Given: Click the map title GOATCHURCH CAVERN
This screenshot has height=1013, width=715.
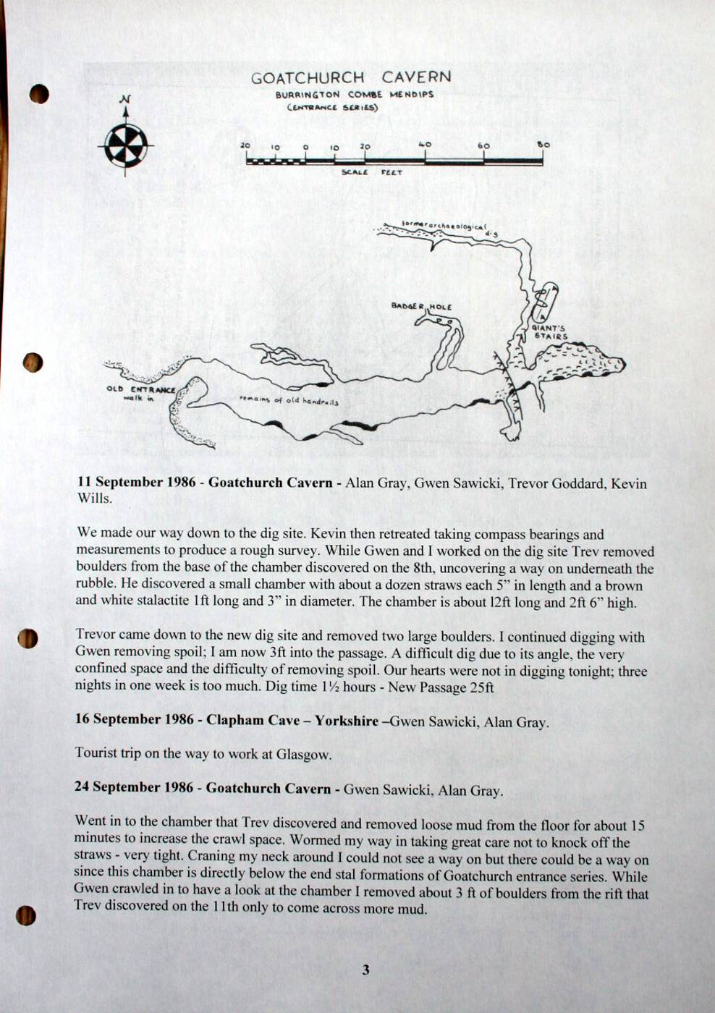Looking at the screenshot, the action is pos(351,77).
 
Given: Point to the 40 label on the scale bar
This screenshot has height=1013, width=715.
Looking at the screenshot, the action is pos(425,145).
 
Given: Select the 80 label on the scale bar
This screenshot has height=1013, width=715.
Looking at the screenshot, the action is pos(543,145).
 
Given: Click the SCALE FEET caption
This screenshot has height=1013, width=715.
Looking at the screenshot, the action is pos(372,172).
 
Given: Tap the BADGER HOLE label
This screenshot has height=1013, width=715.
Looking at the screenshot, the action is pos(421,306).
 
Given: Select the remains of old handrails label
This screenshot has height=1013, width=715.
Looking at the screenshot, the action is pos(289,400).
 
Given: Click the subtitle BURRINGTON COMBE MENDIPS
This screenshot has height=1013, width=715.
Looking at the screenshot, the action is pos(355,95).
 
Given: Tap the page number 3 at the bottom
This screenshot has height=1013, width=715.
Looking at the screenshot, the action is pos(365,970).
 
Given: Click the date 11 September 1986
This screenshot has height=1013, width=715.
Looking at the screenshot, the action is pos(136,482).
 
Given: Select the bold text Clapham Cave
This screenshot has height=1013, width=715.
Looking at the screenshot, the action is pos(253,719).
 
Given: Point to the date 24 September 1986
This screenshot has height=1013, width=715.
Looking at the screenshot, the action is pos(134,787).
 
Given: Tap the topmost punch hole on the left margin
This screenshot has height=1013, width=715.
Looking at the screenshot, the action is pos(39,93).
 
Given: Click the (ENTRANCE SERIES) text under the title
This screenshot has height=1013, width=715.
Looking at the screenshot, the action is pos(333,108).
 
